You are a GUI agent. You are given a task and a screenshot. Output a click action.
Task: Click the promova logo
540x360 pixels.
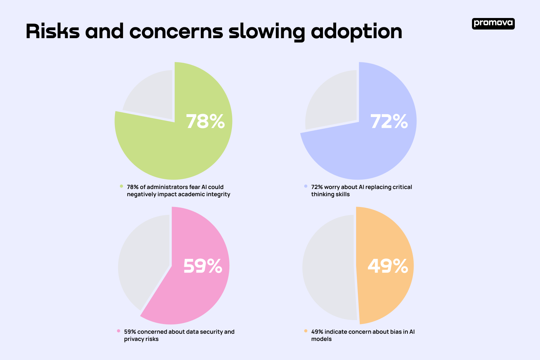(x=493, y=23)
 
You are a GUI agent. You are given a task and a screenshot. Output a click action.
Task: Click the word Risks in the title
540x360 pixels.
(x=53, y=31)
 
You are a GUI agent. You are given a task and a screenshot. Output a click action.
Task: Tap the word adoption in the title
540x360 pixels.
(x=356, y=32)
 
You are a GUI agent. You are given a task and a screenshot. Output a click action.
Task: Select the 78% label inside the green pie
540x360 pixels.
(x=205, y=121)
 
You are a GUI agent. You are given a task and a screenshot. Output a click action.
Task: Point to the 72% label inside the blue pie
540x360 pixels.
(x=389, y=121)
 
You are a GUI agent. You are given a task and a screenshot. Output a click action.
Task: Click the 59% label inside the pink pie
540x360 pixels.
(x=203, y=266)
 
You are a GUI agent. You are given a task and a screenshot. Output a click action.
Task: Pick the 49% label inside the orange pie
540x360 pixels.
(x=388, y=266)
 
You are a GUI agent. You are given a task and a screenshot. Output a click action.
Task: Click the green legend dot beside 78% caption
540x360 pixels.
(x=122, y=186)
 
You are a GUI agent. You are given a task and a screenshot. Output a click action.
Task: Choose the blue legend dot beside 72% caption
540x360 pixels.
(x=306, y=186)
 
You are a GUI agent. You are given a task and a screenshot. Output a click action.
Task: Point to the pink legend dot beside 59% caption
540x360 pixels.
(x=119, y=331)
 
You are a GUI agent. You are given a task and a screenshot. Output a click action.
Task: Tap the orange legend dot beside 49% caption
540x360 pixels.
(x=306, y=331)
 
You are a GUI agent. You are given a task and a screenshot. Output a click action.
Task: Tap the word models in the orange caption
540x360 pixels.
(x=321, y=339)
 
